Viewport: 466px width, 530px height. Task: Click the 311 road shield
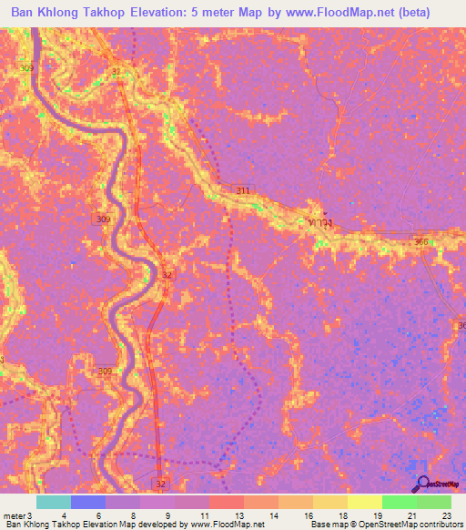(242, 190)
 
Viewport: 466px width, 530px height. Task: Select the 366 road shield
(420, 241)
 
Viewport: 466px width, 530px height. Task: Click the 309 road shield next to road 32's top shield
(27, 68)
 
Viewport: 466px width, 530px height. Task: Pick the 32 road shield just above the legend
(160, 484)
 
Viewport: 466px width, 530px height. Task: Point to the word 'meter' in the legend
(14, 515)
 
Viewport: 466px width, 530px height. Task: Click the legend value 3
(32, 515)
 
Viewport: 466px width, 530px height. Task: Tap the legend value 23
(445, 515)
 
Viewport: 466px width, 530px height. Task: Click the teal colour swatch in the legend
(54, 502)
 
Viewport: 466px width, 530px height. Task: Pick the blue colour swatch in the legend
(88, 502)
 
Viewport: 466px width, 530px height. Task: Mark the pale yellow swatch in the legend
(365, 502)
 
